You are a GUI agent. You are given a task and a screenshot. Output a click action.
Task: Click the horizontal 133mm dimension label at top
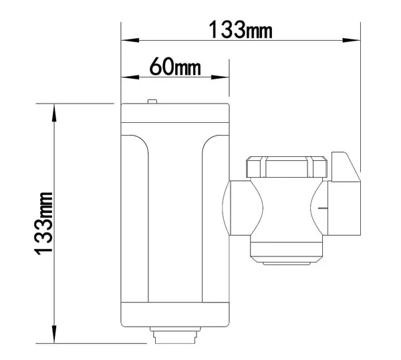[x=241, y=29]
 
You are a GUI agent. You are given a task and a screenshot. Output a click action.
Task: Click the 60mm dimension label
[x=175, y=66]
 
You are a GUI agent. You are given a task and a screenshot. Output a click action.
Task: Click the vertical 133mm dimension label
[x=43, y=223]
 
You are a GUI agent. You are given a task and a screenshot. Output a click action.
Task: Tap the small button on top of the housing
[x=152, y=102]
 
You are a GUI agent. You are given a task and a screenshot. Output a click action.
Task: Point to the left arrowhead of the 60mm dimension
[x=130, y=77]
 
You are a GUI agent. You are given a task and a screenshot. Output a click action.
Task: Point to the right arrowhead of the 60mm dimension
[x=220, y=77]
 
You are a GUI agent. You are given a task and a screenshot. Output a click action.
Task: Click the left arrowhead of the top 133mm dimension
[x=130, y=40]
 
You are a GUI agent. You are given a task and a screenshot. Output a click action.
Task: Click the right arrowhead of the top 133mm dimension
[x=352, y=40]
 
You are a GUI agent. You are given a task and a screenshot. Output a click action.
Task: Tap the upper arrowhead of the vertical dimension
[x=54, y=113]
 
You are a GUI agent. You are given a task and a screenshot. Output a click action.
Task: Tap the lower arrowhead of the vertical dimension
[x=54, y=334]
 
